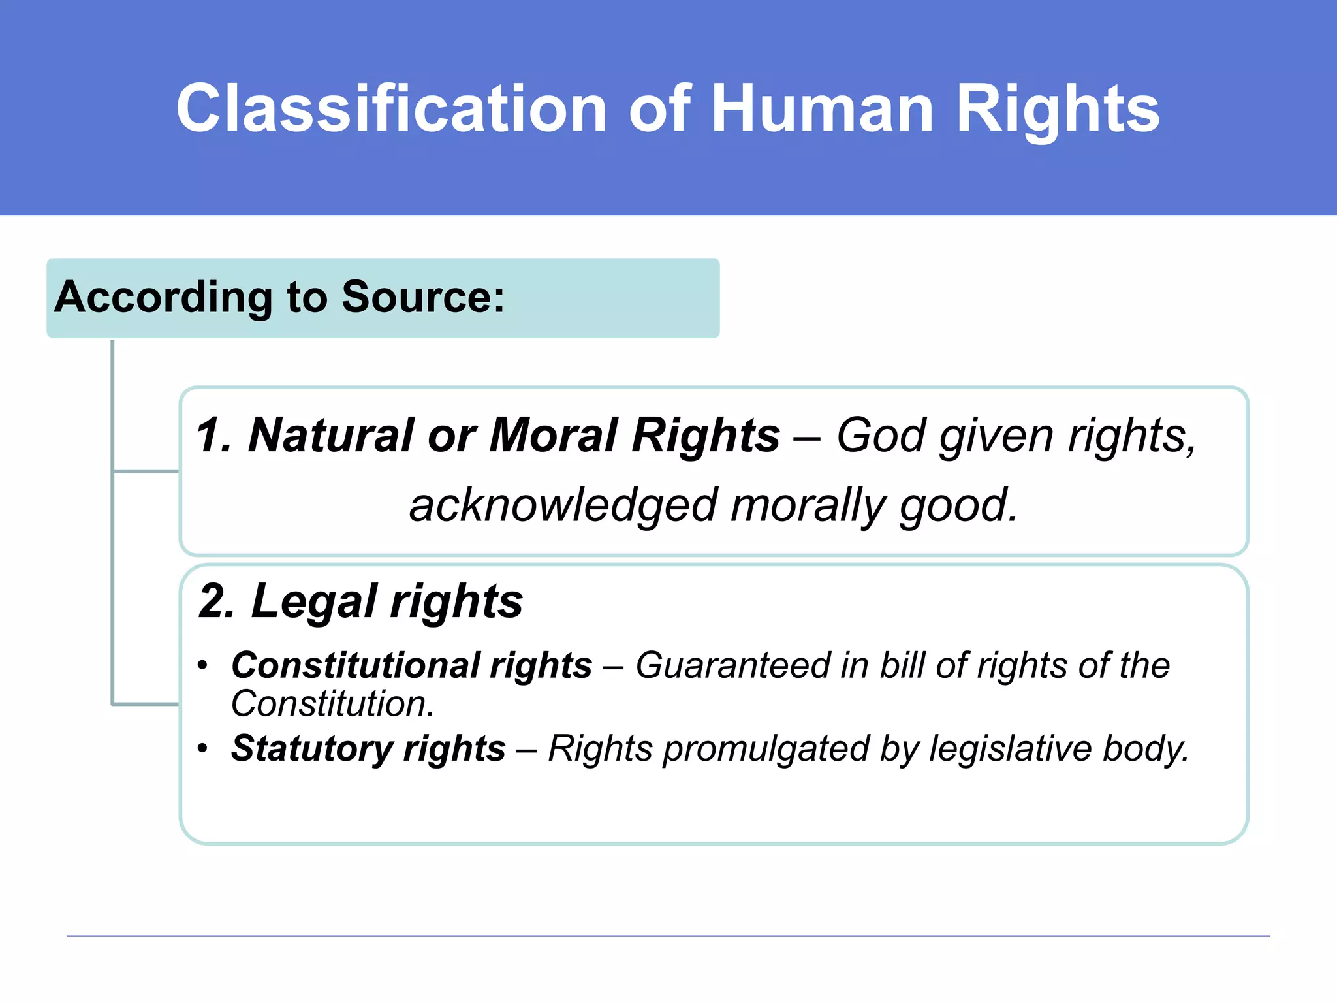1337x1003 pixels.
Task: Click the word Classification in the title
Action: (x=392, y=108)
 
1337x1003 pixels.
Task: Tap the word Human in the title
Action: (x=823, y=108)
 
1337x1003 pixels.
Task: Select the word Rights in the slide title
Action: (x=1058, y=108)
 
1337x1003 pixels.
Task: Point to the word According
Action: (x=163, y=297)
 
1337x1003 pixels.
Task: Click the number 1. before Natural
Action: (x=214, y=435)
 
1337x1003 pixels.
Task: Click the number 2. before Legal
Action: (x=217, y=601)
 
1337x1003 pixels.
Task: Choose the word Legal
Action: (x=313, y=601)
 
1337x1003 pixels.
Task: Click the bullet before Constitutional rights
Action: (x=203, y=666)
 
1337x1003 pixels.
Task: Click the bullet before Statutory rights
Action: (x=203, y=748)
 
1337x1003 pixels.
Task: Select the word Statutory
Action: (x=311, y=748)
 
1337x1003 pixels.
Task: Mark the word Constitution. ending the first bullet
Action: (x=332, y=704)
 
